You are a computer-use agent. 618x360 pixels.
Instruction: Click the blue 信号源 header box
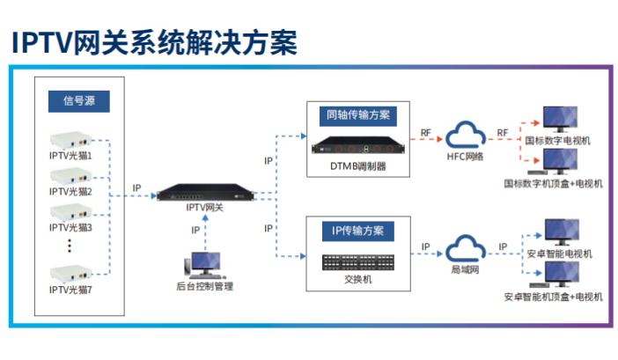[78, 101]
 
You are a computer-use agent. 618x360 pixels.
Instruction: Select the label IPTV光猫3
[70, 227]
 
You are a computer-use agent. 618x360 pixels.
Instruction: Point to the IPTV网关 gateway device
[204, 193]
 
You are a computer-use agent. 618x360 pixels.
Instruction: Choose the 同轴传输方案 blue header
[358, 115]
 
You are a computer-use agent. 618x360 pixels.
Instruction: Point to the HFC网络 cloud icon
[466, 136]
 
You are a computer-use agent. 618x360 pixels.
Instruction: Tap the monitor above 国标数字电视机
[558, 120]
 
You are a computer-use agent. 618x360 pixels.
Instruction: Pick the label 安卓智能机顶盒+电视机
[553, 297]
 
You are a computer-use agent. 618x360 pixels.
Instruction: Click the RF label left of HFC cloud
[424, 133]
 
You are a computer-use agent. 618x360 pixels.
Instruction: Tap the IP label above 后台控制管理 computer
[195, 230]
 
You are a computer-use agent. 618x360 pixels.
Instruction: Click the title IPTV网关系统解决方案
[154, 41]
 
